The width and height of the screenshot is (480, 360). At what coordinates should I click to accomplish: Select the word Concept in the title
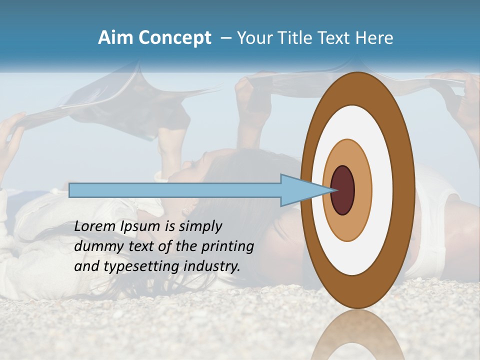tap(175, 37)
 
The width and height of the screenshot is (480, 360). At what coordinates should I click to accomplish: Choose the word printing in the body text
tap(227, 246)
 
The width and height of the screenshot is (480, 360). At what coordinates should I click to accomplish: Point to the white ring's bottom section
tap(357, 260)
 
